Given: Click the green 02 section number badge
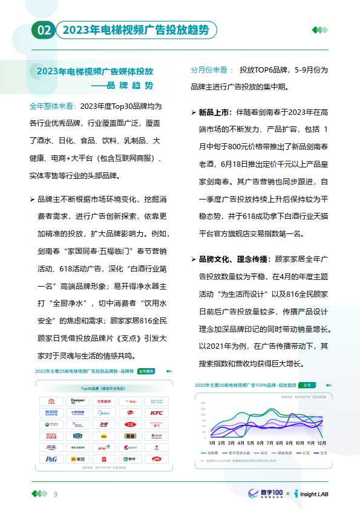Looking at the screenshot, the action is [44, 30].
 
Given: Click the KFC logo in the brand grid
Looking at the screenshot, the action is [156, 413].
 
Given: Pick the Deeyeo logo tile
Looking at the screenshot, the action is [77, 401].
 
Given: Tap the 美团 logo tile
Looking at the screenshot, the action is [77, 459].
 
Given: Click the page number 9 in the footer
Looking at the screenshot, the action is [56, 494].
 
